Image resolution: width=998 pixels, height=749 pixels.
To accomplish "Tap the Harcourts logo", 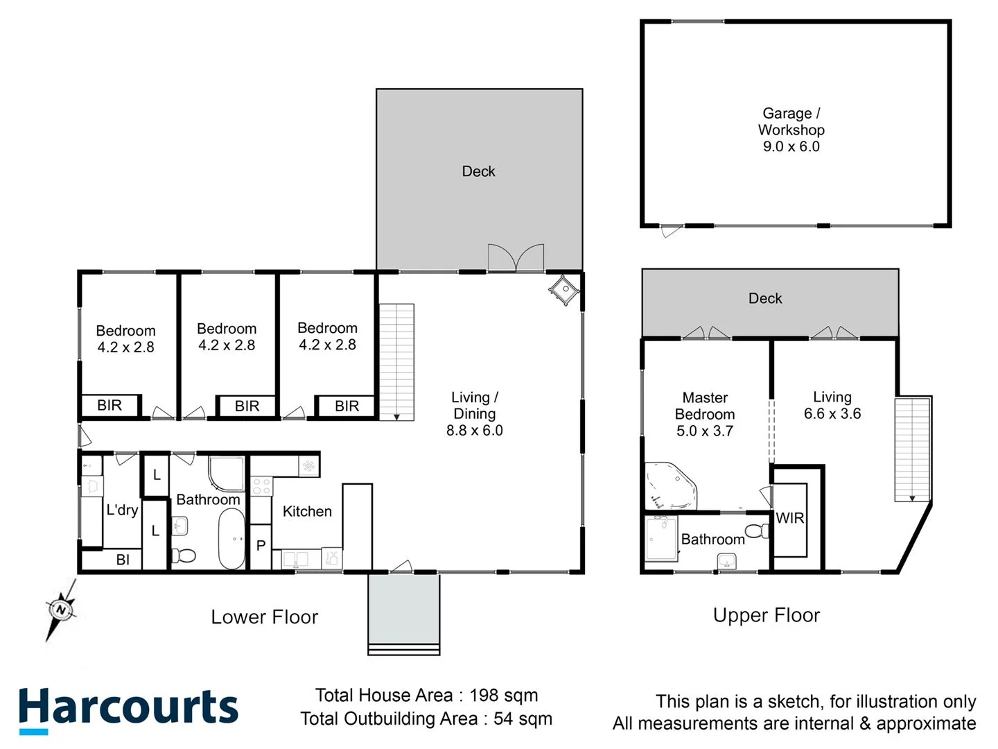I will pyautogui.click(x=128, y=709).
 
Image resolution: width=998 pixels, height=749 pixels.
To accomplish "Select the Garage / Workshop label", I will pyautogui.click(x=791, y=130).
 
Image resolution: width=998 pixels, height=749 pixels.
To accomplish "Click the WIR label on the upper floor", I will pyautogui.click(x=789, y=518).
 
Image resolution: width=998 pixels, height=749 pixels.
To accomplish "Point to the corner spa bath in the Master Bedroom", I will pyautogui.click(x=669, y=486).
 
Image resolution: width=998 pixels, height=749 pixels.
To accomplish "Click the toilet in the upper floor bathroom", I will pyautogui.click(x=758, y=531).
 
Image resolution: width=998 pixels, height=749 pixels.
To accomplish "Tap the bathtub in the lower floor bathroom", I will pyautogui.click(x=231, y=539).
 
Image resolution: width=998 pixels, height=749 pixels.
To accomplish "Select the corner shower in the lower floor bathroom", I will pyautogui.click(x=227, y=474).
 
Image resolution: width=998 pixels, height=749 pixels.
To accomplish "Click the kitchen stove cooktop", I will pyautogui.click(x=261, y=485).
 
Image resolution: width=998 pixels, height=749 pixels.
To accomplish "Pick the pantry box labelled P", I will pyautogui.click(x=261, y=546).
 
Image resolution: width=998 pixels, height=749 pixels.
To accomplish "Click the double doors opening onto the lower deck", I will pyautogui.click(x=516, y=257).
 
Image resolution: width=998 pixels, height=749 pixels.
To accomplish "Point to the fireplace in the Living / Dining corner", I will pyautogui.click(x=563, y=288).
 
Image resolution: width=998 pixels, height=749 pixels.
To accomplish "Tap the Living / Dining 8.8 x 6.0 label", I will pyautogui.click(x=475, y=414).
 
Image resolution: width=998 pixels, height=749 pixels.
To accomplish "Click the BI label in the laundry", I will pyautogui.click(x=123, y=560).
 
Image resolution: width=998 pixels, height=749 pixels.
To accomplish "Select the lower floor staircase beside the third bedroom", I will pyautogui.click(x=396, y=362).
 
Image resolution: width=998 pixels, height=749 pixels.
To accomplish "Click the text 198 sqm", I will pyautogui.click(x=504, y=695).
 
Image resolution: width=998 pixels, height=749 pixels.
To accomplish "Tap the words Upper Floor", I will pyautogui.click(x=767, y=615).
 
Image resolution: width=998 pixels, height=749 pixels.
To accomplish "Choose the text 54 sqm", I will pyautogui.click(x=523, y=718).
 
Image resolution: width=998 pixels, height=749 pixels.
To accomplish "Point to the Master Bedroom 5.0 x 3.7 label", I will pyautogui.click(x=705, y=414).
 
